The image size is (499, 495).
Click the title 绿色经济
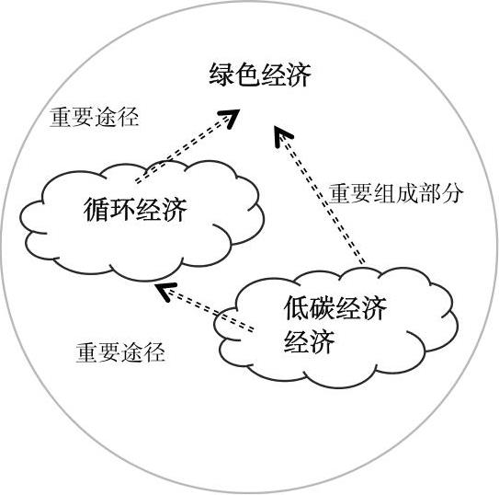click(x=260, y=75)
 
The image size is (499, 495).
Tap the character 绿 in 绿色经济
click(x=221, y=75)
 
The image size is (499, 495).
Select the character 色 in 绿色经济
click(x=247, y=75)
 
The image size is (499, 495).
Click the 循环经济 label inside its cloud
click(x=135, y=209)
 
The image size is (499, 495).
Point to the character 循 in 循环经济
click(x=96, y=209)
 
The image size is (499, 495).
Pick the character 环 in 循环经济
click(x=122, y=209)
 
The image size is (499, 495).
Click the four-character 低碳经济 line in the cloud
click(x=335, y=307)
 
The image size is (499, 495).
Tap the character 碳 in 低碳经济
click(x=323, y=307)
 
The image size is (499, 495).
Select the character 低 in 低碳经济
click(x=296, y=307)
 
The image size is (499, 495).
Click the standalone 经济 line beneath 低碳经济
click(x=309, y=341)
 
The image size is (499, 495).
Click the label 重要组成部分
click(x=395, y=193)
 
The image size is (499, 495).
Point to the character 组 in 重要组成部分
click(x=385, y=193)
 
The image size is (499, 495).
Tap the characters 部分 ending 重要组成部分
click(x=441, y=193)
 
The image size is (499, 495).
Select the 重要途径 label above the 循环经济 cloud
click(x=95, y=117)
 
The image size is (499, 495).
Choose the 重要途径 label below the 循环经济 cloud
click(x=120, y=352)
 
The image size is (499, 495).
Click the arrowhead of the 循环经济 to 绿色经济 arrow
click(x=231, y=117)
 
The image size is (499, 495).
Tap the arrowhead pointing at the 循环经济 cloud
click(x=164, y=291)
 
